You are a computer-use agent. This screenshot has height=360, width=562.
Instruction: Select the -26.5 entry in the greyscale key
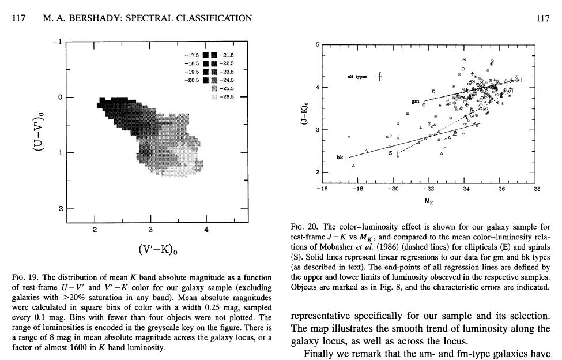[x=227, y=97]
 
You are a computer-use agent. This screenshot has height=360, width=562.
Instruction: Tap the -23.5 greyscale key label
[x=227, y=72]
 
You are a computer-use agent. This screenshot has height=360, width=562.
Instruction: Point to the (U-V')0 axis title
[x=37, y=131]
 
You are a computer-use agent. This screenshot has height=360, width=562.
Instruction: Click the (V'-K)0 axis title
[x=158, y=250]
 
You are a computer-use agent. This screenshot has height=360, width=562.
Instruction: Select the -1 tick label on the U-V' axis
[x=56, y=42]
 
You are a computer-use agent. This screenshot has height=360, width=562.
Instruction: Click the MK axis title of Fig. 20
[x=429, y=200]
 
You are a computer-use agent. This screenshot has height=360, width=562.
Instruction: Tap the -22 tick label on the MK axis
[x=429, y=188]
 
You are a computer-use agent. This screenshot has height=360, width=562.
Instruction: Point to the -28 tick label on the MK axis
[x=534, y=188]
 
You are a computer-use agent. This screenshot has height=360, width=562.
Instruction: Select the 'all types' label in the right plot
[x=358, y=77]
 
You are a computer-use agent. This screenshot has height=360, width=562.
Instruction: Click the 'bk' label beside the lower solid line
[x=340, y=157]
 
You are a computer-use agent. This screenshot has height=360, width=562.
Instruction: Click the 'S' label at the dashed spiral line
[x=390, y=153]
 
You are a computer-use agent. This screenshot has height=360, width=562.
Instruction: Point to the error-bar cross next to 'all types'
[x=379, y=77]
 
